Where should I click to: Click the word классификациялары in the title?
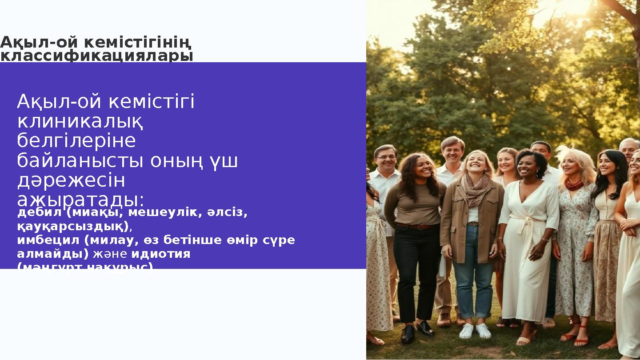click(96, 57)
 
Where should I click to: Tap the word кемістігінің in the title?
click(137, 43)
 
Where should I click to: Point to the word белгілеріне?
click(76, 141)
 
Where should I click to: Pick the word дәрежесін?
click(71, 180)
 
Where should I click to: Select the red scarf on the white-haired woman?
click(574, 183)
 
